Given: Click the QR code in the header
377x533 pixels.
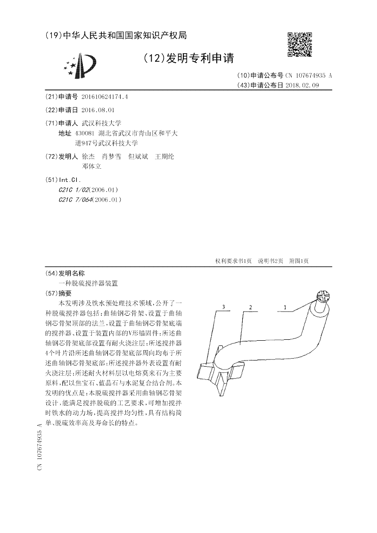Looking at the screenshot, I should coord(300,44).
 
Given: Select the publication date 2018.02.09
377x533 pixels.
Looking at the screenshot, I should coord(305,85).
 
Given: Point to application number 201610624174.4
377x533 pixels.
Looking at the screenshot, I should coord(105,97).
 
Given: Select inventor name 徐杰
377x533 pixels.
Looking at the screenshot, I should coord(88,156).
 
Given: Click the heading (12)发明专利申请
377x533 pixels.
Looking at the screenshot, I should coord(188,58).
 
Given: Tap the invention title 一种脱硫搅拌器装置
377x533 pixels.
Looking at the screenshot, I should coord(88,283).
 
